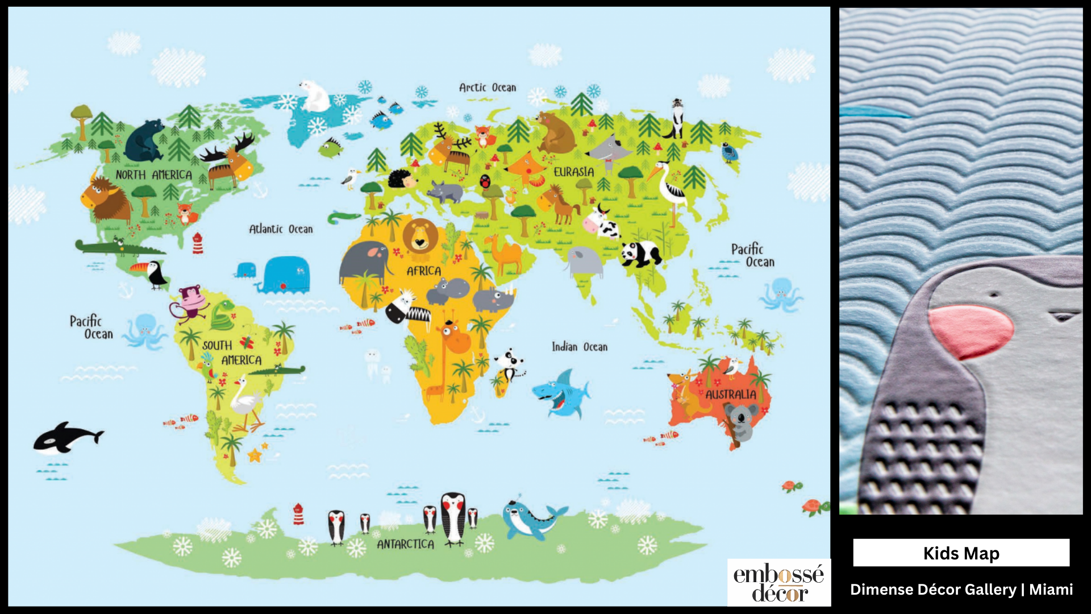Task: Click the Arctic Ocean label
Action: click(x=488, y=88)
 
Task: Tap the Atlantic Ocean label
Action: click(x=281, y=229)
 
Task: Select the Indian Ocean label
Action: click(x=580, y=347)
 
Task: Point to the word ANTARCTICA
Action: click(x=405, y=544)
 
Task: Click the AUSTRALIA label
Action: click(x=731, y=394)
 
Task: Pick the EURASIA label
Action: click(x=574, y=172)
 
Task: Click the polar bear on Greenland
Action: click(x=314, y=96)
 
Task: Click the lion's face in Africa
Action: click(x=420, y=236)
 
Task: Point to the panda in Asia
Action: click(x=641, y=254)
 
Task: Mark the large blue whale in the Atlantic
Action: click(x=286, y=275)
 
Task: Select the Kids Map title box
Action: click(x=961, y=553)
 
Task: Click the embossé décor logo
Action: click(x=778, y=583)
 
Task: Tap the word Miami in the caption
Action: click(x=1051, y=590)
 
